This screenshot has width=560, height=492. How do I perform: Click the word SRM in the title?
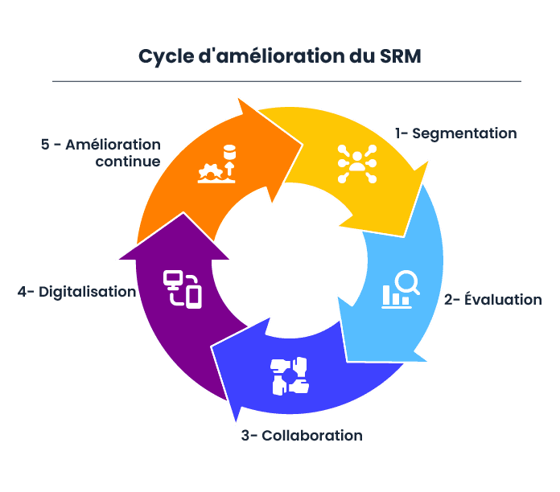(x=400, y=56)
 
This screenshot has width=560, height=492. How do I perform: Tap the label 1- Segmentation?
(x=455, y=133)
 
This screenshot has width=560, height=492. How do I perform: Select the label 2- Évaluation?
(x=492, y=300)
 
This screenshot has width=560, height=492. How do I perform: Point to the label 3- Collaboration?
(x=302, y=436)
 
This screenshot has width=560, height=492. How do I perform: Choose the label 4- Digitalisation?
(x=77, y=292)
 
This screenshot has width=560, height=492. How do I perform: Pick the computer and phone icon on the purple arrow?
(x=182, y=289)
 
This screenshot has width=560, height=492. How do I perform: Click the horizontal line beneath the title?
(x=286, y=81)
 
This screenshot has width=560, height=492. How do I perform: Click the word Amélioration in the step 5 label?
(x=113, y=145)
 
